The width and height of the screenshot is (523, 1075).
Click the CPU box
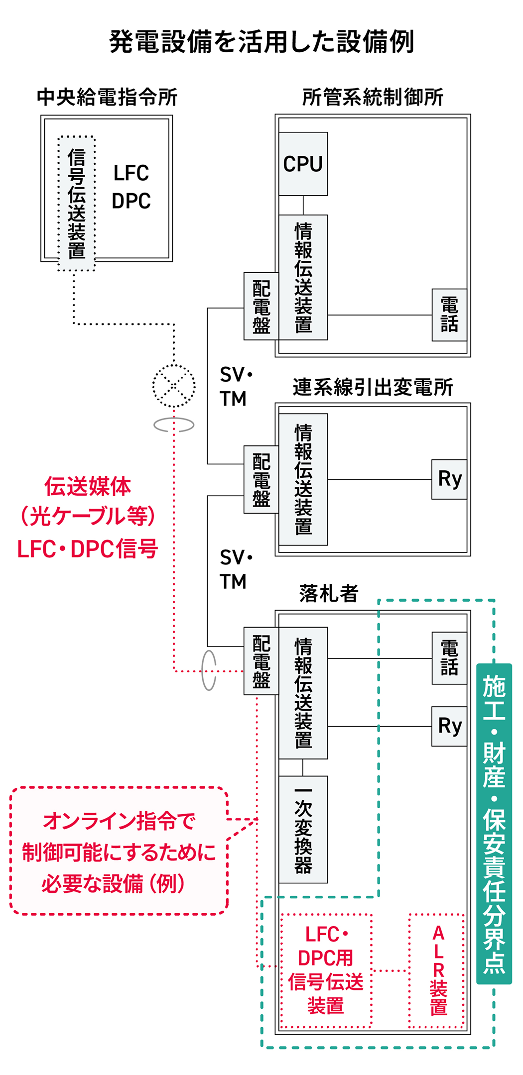303,164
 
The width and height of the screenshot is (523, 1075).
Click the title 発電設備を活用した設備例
261,42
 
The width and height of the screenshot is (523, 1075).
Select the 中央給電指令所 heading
107,97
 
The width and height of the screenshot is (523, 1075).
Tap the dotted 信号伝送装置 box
76,204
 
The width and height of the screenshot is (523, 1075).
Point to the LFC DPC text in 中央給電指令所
131,187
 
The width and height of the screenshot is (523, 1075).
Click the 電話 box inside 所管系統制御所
449,315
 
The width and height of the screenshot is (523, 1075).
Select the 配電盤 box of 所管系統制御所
261,306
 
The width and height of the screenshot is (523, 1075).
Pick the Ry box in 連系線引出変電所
449,479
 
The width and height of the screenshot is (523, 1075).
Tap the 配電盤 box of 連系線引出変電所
261,479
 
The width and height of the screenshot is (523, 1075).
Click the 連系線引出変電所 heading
373,387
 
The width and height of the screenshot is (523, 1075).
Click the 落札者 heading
329,593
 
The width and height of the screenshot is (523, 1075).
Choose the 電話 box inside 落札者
449,658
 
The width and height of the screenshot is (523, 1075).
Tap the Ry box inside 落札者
449,726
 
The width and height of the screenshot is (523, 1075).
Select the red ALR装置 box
437,971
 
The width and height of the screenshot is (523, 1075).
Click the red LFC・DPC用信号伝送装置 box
326,971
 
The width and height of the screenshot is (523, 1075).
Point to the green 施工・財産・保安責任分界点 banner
494,824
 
